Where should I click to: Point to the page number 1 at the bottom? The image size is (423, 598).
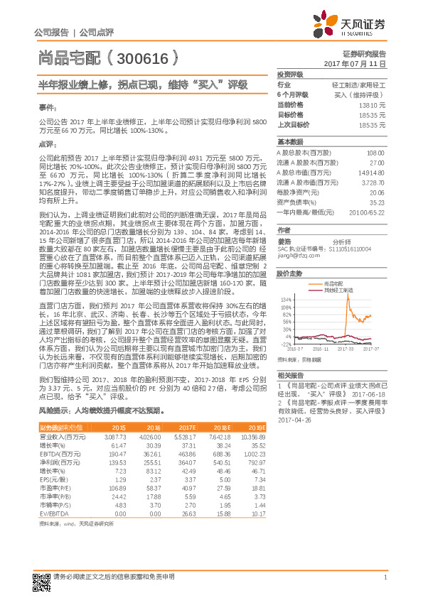tap(385, 577)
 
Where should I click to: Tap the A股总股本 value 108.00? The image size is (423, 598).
tap(375, 153)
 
